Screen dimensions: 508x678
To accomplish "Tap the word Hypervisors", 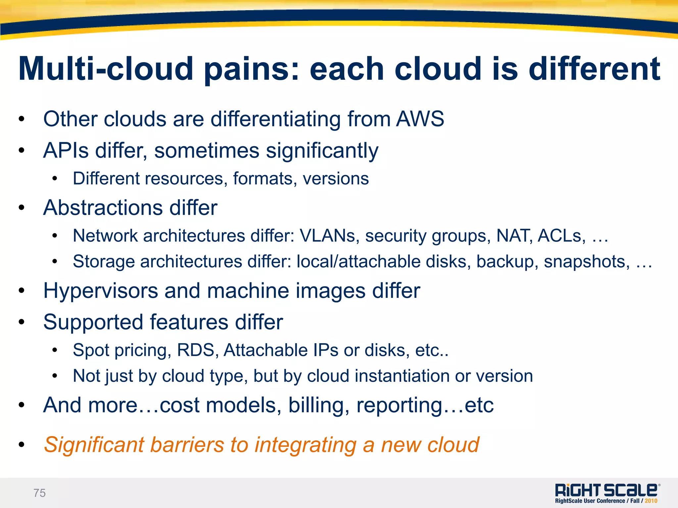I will click(101, 291).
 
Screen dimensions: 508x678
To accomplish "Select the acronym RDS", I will click(196, 350).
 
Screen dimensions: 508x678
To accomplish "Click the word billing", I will click(318, 405).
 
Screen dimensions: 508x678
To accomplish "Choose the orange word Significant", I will click(94, 445).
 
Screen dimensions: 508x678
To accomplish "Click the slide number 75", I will click(39, 493).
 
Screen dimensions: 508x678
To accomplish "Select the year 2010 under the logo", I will click(651, 501).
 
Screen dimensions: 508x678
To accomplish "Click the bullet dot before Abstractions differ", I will click(22, 208).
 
